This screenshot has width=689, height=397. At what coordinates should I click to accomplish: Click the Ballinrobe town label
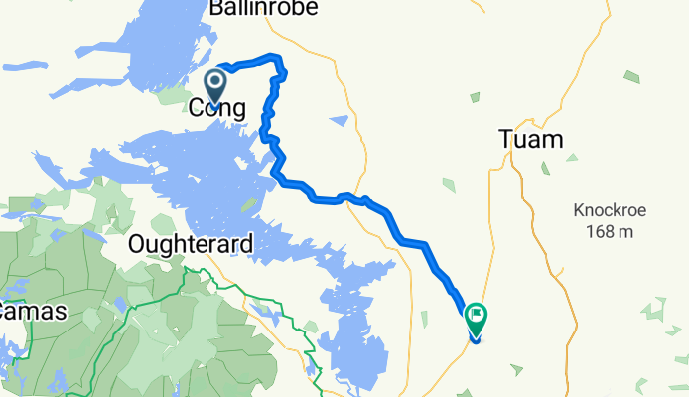point(263,9)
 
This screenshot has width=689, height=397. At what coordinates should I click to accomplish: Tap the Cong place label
point(216,108)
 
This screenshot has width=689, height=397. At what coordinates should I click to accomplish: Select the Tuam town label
point(530,141)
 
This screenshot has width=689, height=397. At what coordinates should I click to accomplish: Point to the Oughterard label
point(191,243)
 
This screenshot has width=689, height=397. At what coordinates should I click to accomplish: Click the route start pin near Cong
point(215,83)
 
